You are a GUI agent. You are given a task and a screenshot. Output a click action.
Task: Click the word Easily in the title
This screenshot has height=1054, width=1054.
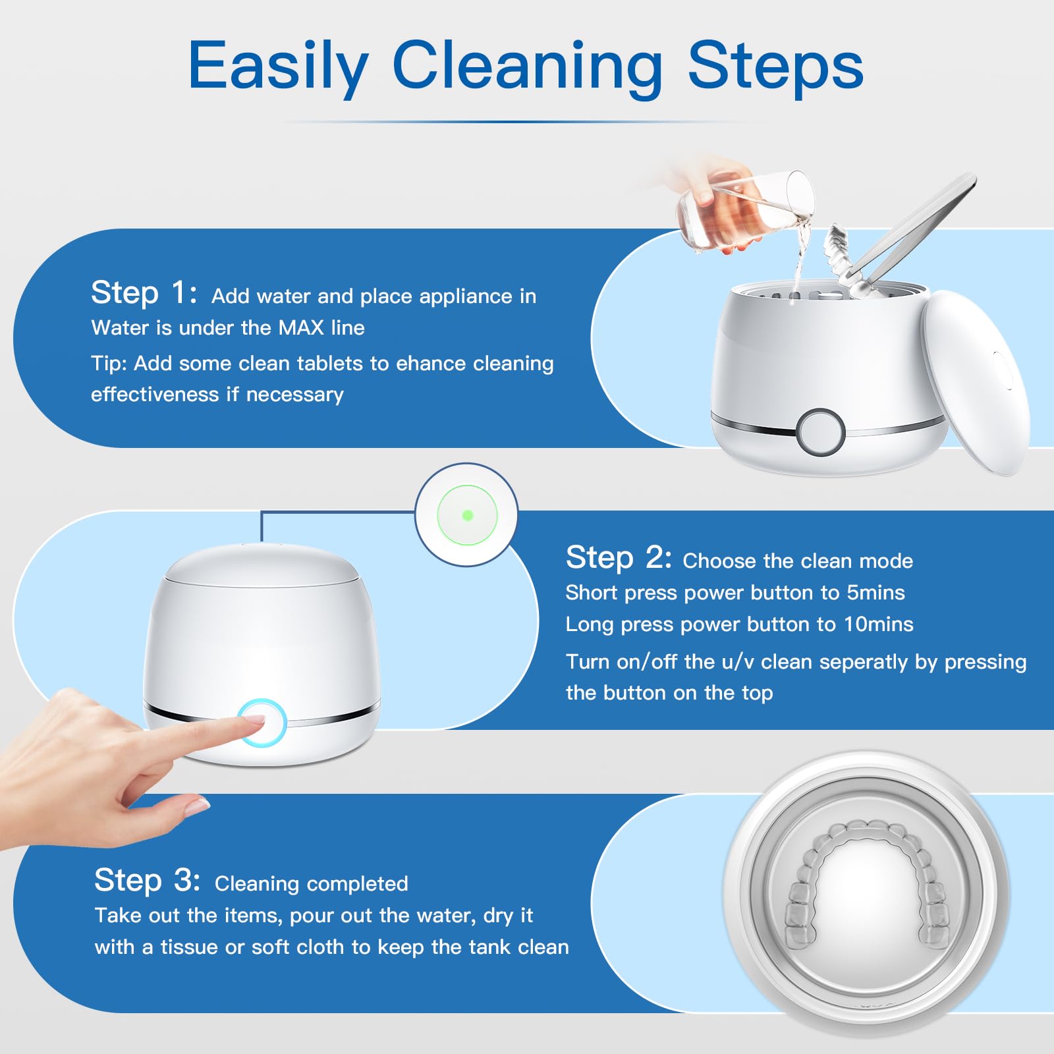(278, 66)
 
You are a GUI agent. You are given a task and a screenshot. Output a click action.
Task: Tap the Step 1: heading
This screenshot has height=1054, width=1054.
(144, 292)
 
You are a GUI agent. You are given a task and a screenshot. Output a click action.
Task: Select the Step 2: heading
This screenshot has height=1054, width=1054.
(619, 557)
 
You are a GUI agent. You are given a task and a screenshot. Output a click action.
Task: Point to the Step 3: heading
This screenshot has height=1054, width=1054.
(147, 880)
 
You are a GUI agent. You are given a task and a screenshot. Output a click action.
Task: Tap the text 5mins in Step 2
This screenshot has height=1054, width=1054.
(875, 592)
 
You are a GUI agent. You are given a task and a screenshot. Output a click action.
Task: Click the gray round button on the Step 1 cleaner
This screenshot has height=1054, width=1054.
(820, 432)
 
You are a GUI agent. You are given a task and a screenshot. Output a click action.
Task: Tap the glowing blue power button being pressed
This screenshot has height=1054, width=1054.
(262, 723)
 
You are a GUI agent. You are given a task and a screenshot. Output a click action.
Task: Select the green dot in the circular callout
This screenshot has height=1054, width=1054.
(468, 515)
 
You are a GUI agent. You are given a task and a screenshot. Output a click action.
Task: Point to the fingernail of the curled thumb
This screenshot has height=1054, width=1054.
(198, 804)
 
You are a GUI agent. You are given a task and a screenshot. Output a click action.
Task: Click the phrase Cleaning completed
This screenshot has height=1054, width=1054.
(312, 883)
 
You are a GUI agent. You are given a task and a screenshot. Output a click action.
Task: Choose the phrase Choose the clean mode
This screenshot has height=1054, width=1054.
(798, 561)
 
